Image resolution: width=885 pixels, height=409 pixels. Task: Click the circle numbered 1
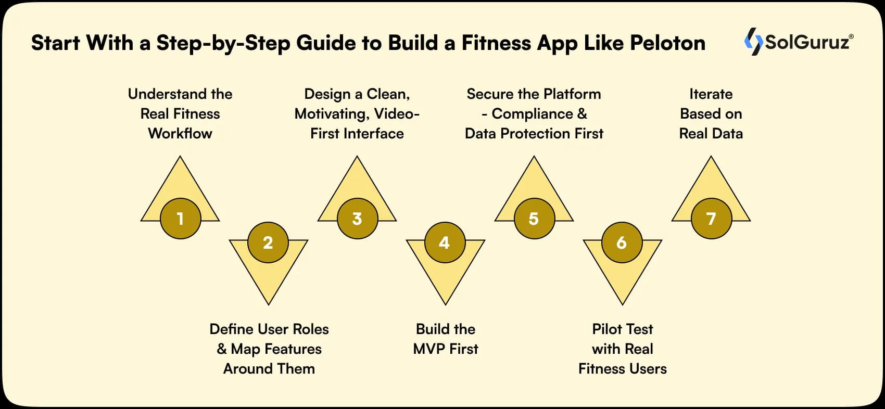tap(180, 219)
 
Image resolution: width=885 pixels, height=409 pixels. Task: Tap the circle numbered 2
tap(268, 242)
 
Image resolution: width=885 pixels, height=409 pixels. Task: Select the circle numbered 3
tap(357, 219)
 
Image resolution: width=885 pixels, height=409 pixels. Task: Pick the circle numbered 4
tap(445, 242)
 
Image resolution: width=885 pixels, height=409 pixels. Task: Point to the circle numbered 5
tap(534, 219)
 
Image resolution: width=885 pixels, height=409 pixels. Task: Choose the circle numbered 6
tap(622, 242)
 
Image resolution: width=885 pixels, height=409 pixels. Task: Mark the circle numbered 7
tap(711, 219)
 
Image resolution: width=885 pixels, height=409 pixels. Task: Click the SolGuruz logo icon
tap(753, 42)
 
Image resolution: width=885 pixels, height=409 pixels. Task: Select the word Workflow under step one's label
tap(180, 134)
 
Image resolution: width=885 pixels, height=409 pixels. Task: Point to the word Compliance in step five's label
tap(532, 114)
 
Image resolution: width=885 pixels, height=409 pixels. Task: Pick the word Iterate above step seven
tap(711, 94)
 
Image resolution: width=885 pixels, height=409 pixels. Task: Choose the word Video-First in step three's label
tap(397, 114)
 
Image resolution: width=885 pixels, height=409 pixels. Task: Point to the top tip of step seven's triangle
tap(711, 157)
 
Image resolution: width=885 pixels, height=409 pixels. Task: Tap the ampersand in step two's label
tap(222, 349)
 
